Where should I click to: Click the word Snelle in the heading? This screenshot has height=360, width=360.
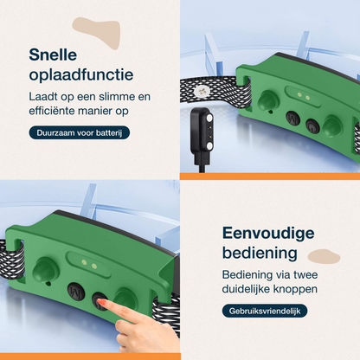[x=53, y=55]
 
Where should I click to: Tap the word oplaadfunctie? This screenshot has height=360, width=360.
[x=81, y=75]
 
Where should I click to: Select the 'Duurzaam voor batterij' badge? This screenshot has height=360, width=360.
[x=80, y=133]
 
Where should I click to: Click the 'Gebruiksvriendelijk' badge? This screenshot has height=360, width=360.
[x=265, y=311]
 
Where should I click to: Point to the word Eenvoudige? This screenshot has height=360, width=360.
[x=268, y=233]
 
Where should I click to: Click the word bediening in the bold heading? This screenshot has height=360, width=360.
[x=260, y=253]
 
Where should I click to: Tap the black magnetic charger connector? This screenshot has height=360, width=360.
[x=202, y=132]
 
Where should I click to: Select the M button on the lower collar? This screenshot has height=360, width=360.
[x=76, y=291]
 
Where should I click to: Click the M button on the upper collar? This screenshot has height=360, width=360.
[x=292, y=119]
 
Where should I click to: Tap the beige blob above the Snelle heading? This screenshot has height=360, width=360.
[x=97, y=31]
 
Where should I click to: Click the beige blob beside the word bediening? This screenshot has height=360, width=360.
[x=324, y=257]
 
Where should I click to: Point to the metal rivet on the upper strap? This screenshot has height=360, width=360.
[x=202, y=91]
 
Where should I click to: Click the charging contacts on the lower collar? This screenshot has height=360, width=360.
[x=89, y=264]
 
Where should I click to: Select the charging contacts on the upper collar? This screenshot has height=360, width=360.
[x=304, y=95]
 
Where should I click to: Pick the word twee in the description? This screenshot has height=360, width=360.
[x=305, y=274]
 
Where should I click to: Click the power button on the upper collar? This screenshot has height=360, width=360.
[x=312, y=126]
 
